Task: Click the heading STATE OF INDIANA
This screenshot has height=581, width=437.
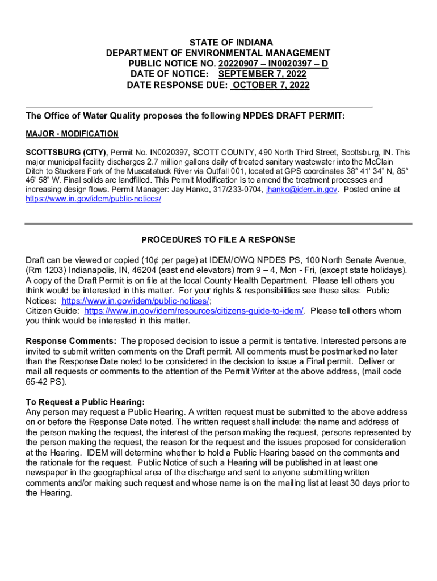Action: coord(230,43)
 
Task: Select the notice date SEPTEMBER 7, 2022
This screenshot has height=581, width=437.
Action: coord(262,74)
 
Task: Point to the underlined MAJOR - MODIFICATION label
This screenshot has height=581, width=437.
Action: coord(72,134)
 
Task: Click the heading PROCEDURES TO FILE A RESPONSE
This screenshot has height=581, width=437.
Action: coord(218,239)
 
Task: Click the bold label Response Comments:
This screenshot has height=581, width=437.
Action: coord(71,341)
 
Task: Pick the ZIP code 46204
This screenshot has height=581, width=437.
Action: coord(148,270)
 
